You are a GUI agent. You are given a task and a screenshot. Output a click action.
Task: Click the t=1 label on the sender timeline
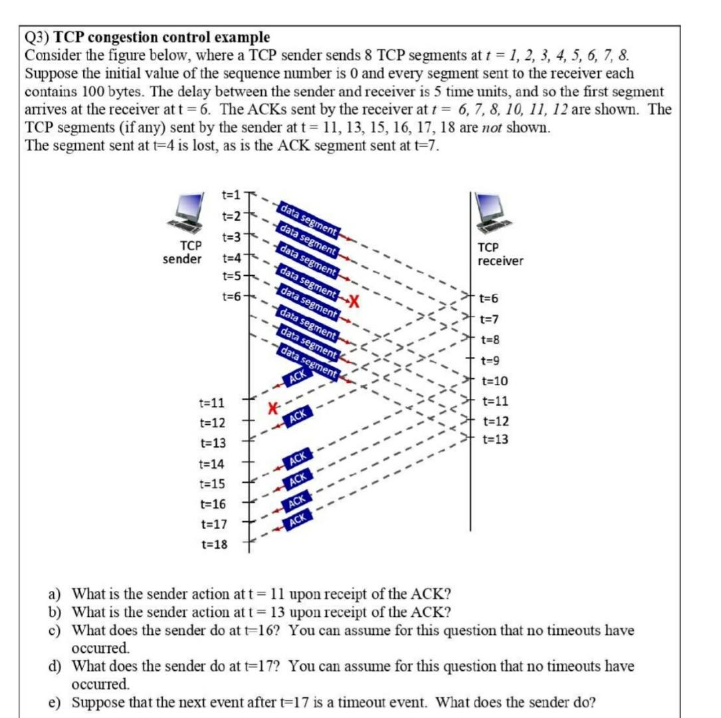231,195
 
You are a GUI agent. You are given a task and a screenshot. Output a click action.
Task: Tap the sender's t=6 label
231,297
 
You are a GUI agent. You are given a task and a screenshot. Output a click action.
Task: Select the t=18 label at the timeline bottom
213,544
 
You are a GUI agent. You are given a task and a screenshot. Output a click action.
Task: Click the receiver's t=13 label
495,439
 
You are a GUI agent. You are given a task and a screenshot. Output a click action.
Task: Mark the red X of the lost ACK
272,408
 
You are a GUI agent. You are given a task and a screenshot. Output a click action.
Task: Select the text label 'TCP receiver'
500,254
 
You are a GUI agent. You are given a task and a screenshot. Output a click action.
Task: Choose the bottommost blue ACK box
298,517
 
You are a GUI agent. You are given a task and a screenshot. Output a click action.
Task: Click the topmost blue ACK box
298,376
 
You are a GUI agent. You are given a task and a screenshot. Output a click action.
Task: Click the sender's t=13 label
213,443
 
